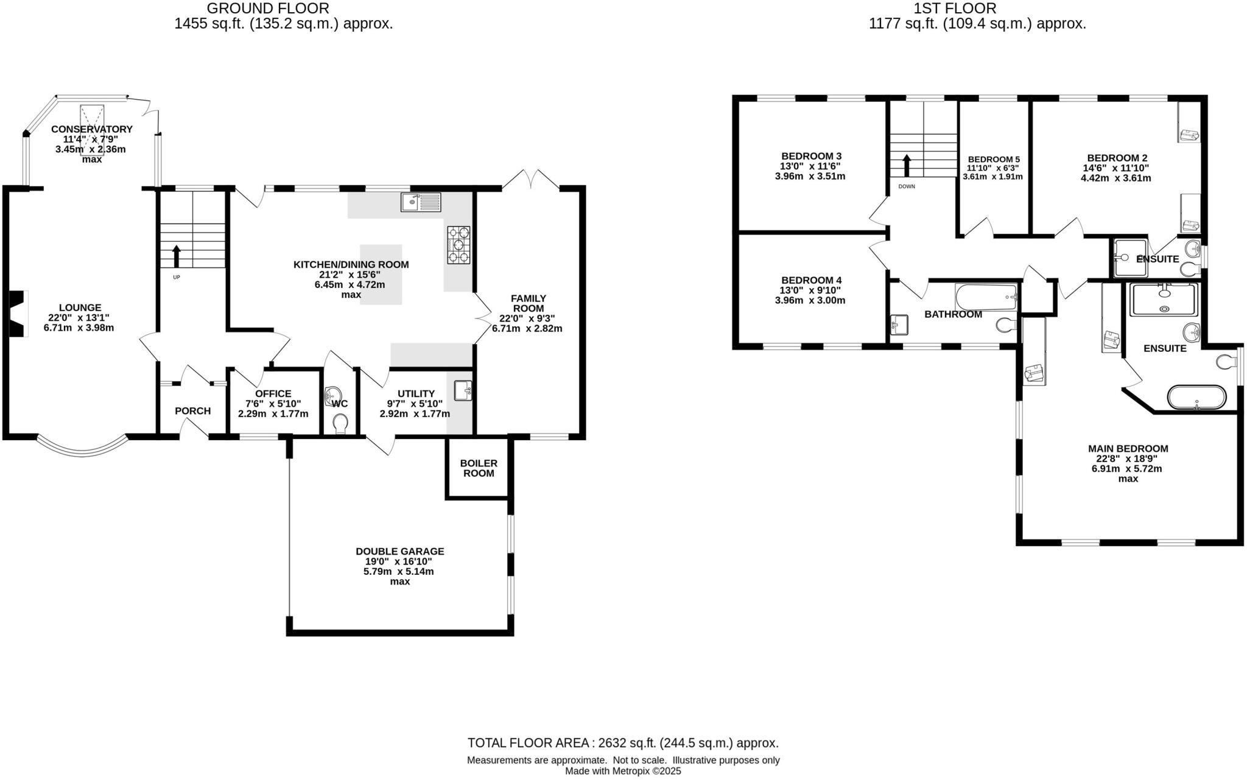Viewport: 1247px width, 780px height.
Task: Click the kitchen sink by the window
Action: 421,202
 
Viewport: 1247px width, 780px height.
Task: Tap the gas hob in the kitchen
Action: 458,245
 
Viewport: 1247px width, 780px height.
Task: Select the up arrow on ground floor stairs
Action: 177,256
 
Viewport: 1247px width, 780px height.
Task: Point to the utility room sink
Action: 463,390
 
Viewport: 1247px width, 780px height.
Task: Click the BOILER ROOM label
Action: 479,468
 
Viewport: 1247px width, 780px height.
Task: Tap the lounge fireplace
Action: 19,313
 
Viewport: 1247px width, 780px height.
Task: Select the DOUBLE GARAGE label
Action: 400,551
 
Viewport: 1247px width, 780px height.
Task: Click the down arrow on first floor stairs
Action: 906,165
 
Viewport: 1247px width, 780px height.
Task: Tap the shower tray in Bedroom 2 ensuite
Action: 1130,258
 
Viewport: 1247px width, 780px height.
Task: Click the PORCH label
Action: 192,411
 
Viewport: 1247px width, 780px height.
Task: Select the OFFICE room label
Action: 273,394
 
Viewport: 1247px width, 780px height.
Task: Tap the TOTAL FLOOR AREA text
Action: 622,743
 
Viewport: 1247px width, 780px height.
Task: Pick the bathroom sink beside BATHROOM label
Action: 899,325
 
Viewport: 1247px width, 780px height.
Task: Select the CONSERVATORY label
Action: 91,129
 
